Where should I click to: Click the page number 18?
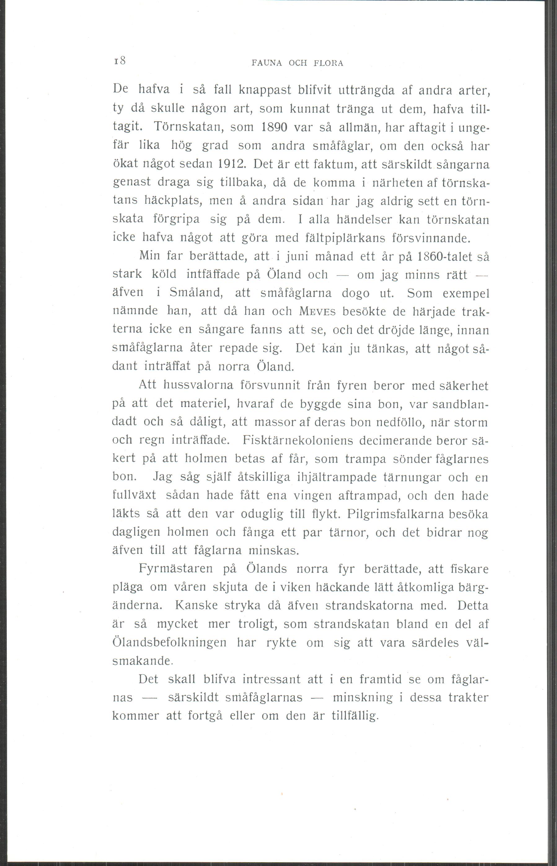120,61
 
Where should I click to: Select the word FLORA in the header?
329,63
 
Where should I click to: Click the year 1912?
232,164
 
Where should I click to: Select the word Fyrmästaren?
176,569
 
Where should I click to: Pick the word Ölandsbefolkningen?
170,643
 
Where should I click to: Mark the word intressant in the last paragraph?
271,679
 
